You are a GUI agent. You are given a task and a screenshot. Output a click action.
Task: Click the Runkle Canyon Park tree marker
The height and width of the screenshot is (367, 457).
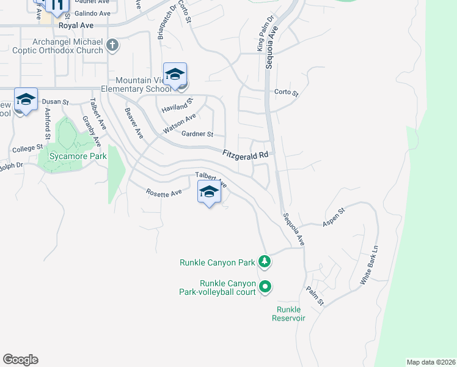pyautogui.click(x=264, y=262)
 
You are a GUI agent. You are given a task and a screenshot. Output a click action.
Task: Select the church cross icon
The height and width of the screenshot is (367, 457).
pyautogui.click(x=112, y=45)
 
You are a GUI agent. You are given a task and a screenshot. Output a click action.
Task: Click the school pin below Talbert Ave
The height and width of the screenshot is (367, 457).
pyautogui.click(x=209, y=193)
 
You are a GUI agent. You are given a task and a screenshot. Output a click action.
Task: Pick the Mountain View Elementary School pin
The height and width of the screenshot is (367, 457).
pyautogui.click(x=175, y=75)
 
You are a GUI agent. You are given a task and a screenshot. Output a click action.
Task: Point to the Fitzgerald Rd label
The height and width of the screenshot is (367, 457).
pyautogui.click(x=246, y=155)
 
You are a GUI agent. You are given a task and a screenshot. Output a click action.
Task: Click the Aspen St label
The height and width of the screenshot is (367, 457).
pyautogui.click(x=334, y=217)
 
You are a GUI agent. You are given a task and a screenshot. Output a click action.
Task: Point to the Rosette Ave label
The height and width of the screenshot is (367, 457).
pyautogui.click(x=164, y=192)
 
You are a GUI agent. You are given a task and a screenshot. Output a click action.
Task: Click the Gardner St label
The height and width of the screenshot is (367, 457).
pyautogui.click(x=196, y=134)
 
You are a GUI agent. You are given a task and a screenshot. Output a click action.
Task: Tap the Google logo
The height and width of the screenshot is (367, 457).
pyautogui.click(x=20, y=360)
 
